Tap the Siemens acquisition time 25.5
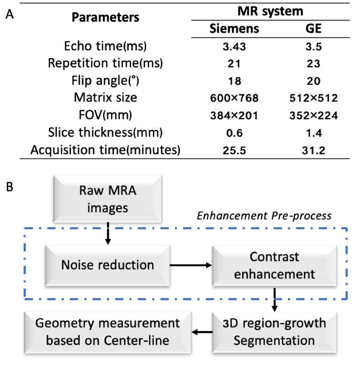click(234, 150)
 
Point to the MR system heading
click(272, 10)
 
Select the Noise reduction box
click(107, 264)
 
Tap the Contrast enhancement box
click(275, 265)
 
